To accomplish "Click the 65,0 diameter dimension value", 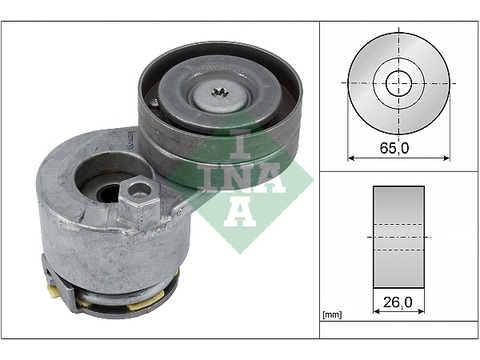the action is pos(394,147).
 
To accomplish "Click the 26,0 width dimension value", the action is pos(398,302).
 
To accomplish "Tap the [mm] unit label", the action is pos(332,314).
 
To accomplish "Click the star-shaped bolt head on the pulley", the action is pos(219,92).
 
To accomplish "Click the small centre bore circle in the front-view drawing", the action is pos(398,83).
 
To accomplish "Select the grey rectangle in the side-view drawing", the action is pos(399,237).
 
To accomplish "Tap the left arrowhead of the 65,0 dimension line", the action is pos(351,158).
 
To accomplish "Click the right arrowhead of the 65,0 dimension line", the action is pos(446,158).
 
